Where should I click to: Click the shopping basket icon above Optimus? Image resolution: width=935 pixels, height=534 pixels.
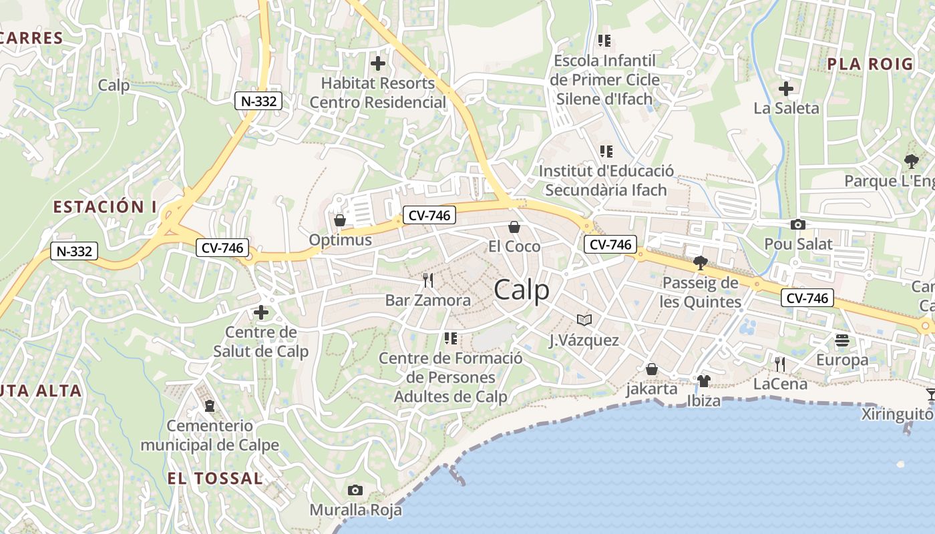[x=340, y=220]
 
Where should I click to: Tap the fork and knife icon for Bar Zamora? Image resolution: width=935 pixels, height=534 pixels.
[x=428, y=280]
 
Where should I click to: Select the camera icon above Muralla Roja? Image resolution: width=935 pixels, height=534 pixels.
[x=355, y=491]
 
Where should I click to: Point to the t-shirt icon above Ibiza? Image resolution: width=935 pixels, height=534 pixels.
[x=703, y=381]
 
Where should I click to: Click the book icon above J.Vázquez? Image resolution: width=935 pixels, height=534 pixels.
[x=584, y=320]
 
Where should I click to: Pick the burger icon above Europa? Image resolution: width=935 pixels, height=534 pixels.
[x=841, y=340]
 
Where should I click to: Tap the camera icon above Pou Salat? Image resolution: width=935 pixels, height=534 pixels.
[x=797, y=225]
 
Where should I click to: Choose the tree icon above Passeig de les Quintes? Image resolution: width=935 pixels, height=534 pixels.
[x=700, y=263]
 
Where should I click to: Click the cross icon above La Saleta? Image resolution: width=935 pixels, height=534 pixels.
[x=786, y=88]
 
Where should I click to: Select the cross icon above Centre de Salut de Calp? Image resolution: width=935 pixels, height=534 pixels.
[x=260, y=312]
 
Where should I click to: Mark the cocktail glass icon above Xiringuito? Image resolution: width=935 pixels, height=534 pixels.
[x=931, y=394]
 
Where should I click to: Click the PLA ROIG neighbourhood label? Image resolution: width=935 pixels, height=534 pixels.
[x=870, y=64]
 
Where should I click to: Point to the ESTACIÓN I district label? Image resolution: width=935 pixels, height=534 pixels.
[x=100, y=207]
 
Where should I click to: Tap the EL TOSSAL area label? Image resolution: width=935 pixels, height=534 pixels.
[x=214, y=478]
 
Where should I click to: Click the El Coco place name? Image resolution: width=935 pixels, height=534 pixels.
[x=514, y=246]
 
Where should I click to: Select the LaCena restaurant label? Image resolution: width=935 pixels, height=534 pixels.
[x=780, y=384]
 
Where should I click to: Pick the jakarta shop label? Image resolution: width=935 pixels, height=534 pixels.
[x=651, y=388]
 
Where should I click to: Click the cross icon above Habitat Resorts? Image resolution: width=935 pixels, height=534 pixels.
[x=378, y=63]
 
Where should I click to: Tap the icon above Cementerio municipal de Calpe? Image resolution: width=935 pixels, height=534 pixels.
[x=210, y=405]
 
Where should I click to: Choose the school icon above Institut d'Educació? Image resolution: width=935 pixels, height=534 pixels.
[x=606, y=152]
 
